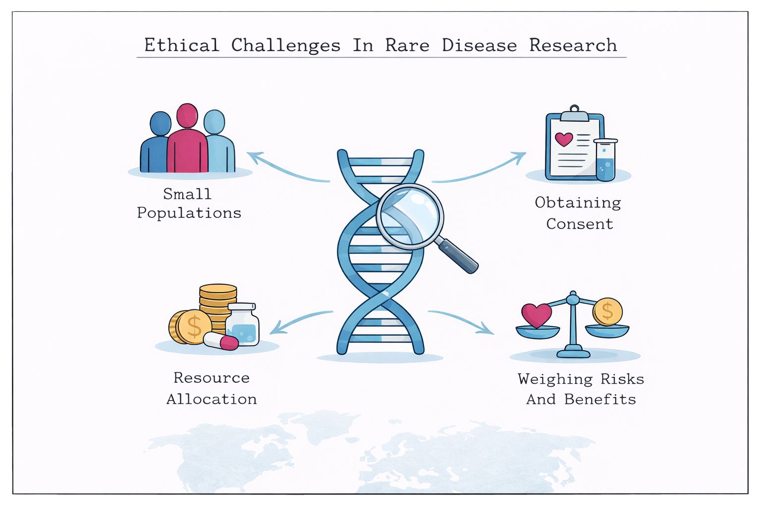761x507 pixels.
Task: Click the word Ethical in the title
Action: (182, 46)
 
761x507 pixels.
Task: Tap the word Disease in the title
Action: (480, 46)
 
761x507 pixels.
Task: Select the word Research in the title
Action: (573, 46)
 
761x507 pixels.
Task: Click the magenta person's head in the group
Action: (187, 116)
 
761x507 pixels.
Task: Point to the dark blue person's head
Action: (161, 124)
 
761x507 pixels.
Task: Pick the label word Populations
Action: (189, 213)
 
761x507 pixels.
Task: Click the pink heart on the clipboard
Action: (564, 139)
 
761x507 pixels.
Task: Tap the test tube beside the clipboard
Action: (605, 159)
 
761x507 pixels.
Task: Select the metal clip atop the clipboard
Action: (575, 113)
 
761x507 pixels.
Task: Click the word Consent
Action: (580, 224)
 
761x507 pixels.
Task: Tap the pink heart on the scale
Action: (537, 315)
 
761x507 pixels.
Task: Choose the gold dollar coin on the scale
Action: (608, 312)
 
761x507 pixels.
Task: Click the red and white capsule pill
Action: (221, 341)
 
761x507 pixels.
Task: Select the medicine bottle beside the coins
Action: (242, 324)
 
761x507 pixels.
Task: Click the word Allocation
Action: (212, 399)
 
